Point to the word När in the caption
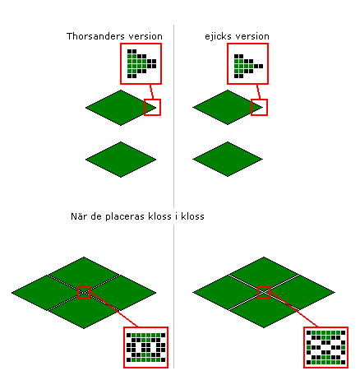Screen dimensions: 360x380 click(78, 216)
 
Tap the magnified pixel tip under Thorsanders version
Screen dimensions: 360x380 click(141, 63)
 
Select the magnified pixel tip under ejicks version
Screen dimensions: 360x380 click(247, 63)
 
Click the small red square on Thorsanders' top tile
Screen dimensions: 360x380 click(152, 107)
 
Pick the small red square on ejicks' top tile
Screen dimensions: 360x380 click(259, 107)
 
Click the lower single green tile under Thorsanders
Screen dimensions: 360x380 click(121, 160)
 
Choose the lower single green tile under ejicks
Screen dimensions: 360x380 click(228, 159)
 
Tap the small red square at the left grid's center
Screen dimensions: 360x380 click(84, 293)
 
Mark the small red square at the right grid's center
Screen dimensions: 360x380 click(264, 293)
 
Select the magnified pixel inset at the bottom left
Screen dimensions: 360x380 click(145, 347)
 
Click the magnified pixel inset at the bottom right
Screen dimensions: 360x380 click(326, 347)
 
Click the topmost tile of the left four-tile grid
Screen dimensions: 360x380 click(84, 275)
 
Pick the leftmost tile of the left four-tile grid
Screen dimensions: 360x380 click(48, 293)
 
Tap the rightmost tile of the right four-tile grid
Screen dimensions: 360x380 click(300, 292)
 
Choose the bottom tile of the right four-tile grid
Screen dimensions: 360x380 click(264, 310)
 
